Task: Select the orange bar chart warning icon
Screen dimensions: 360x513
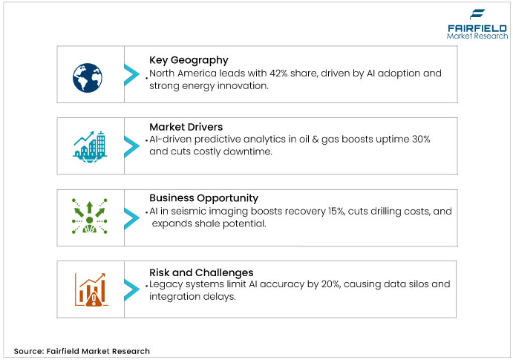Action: (x=89, y=289)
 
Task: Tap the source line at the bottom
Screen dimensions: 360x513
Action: (x=82, y=350)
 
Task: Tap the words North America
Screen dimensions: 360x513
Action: (x=183, y=74)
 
